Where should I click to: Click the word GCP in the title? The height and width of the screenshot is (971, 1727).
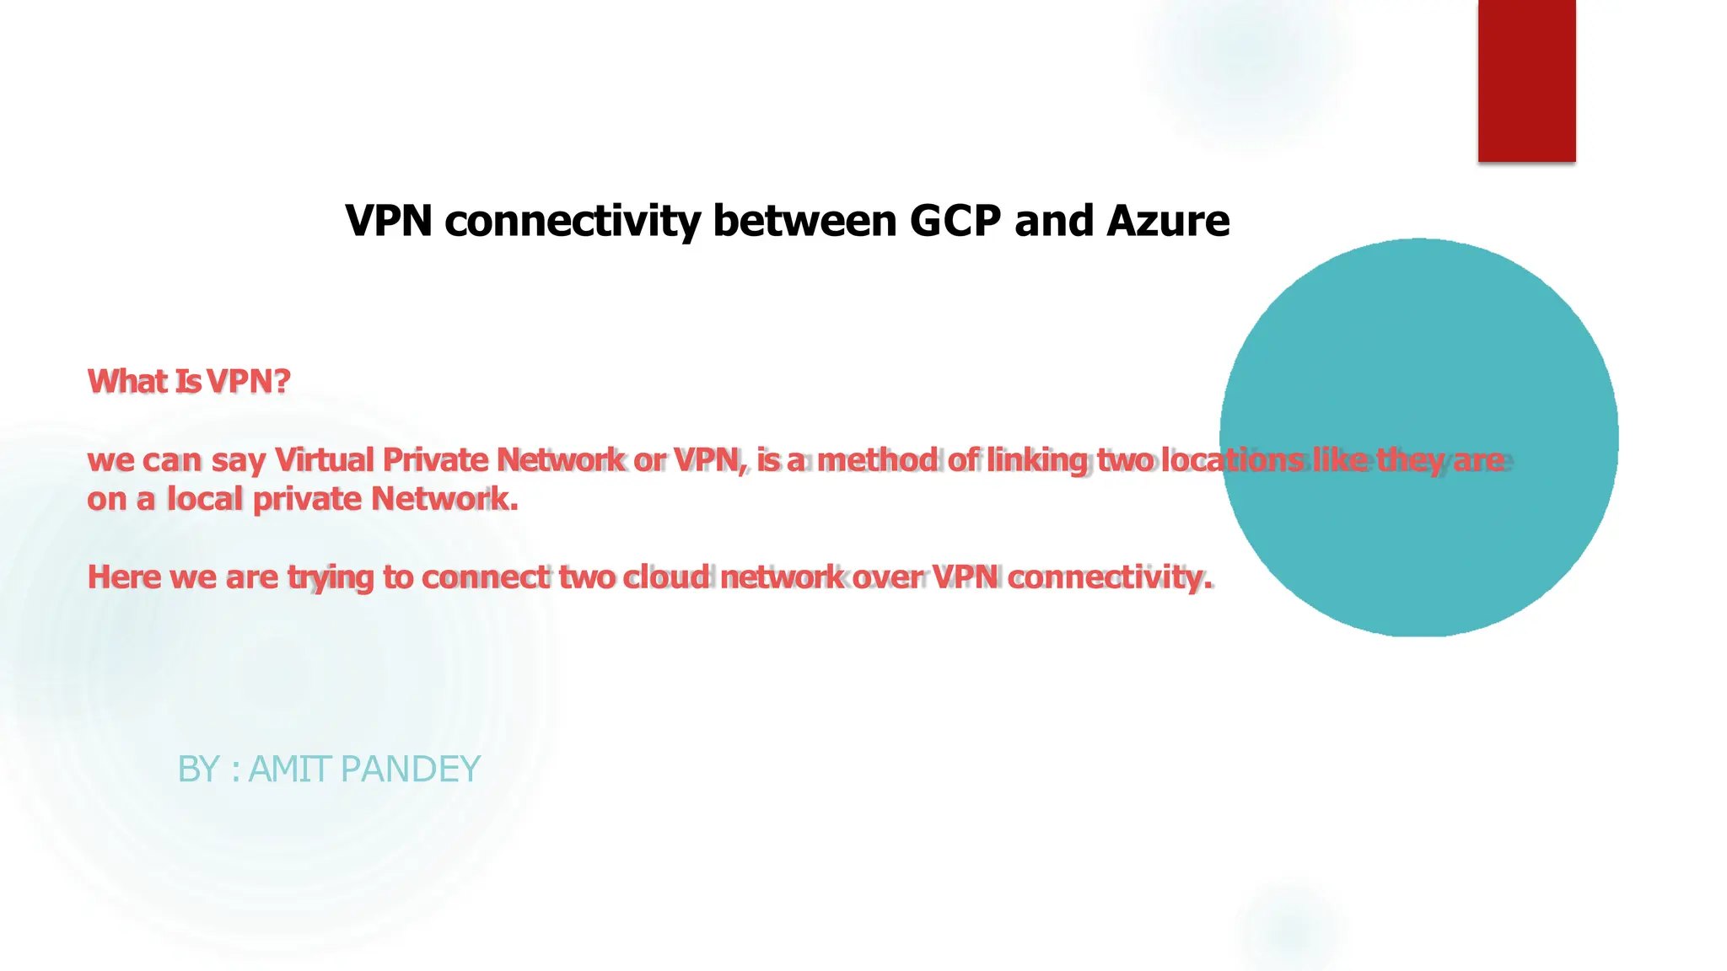pyautogui.click(x=955, y=221)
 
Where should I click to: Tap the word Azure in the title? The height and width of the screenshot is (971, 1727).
pyautogui.click(x=1168, y=221)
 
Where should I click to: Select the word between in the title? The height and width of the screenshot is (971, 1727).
pyautogui.click(x=804, y=221)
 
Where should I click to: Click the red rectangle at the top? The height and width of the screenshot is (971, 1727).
pyautogui.click(x=1526, y=80)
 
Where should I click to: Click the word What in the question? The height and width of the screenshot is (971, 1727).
pyautogui.click(x=127, y=381)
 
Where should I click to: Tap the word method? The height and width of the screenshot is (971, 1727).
pyautogui.click(x=877, y=460)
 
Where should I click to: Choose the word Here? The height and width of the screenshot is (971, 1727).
pyautogui.click(x=124, y=577)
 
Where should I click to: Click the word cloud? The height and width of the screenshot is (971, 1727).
pyautogui.click(x=666, y=577)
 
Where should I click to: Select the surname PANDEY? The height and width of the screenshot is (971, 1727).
pyautogui.click(x=411, y=769)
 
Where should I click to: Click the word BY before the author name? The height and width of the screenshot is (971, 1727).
pyautogui.click(x=199, y=769)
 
